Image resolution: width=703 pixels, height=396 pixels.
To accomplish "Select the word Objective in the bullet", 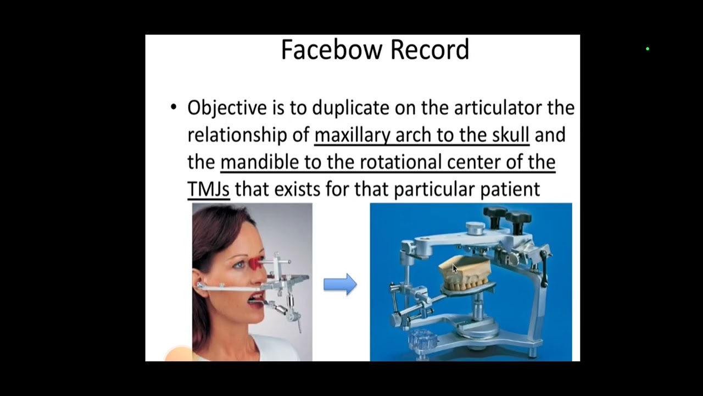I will coord(227,108).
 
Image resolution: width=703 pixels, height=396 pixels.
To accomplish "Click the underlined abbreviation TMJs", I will coord(208,189).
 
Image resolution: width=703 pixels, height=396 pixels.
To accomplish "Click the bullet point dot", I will coord(174,107).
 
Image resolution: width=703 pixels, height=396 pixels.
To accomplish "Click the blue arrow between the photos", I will coord(340,284).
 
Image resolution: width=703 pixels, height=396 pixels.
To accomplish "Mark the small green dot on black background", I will coord(648,50).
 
